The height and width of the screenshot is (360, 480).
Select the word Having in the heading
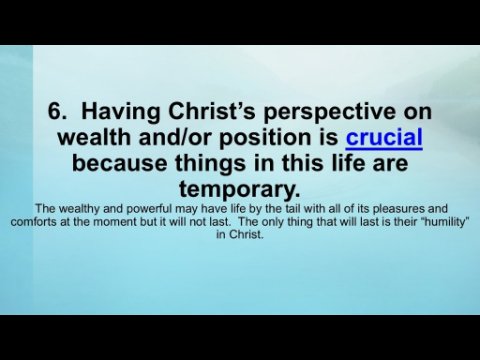point(121,112)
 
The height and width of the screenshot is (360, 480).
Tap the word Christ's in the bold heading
point(212,111)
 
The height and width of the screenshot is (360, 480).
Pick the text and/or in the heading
point(176,137)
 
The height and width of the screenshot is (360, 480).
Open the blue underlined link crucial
point(384,137)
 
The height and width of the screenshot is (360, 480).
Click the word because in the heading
point(119,163)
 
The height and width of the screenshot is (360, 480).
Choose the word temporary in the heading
point(240,190)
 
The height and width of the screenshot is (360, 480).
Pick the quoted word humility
point(446,222)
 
